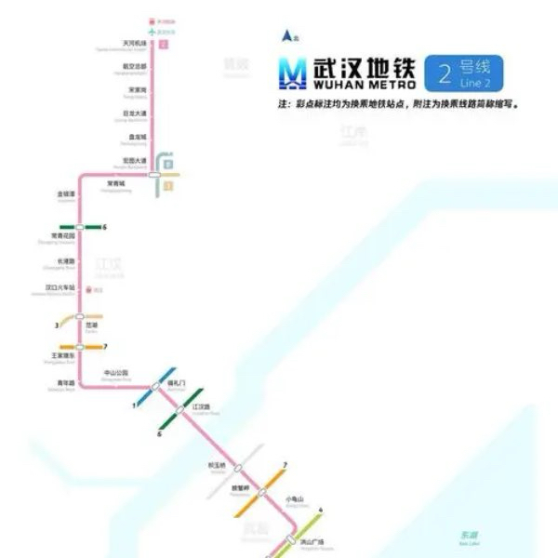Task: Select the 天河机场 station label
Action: point(135,43)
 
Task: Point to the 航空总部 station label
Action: point(135,66)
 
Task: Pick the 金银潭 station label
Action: point(65,194)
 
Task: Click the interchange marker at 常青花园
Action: point(80,227)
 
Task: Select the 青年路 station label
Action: point(64,379)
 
